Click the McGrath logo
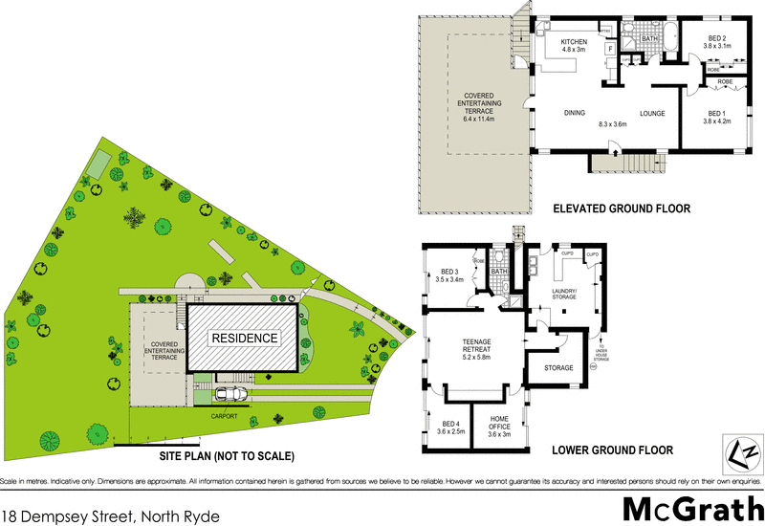(690, 508)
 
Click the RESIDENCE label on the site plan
(244, 339)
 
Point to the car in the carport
(230, 394)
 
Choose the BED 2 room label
(716, 39)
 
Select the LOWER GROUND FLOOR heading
(612, 449)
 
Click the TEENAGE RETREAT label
(475, 347)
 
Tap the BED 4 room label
(448, 428)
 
